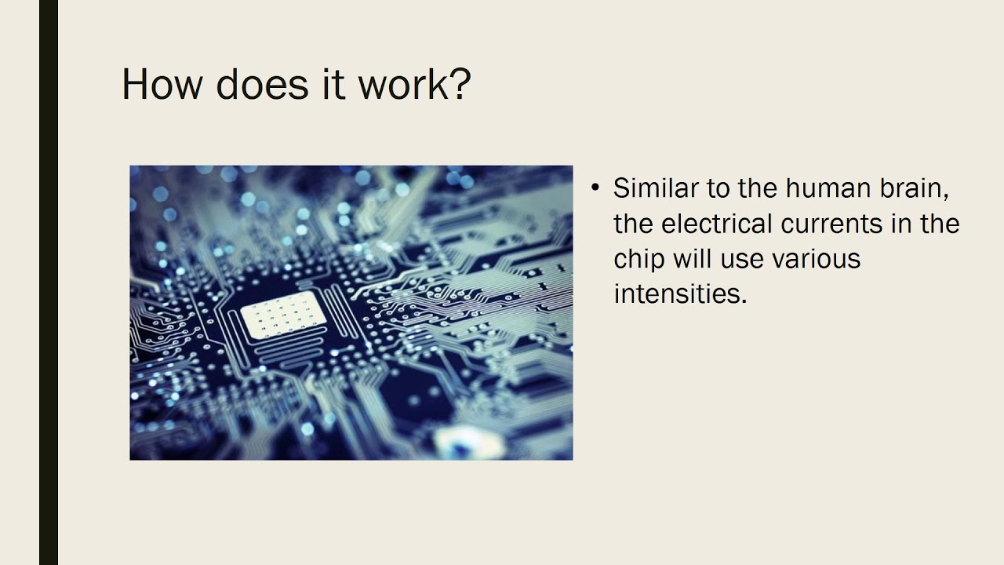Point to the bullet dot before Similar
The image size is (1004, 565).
point(595,188)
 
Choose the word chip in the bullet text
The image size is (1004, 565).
point(638,259)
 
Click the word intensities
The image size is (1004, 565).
point(679,294)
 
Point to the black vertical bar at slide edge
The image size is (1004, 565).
point(49,282)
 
